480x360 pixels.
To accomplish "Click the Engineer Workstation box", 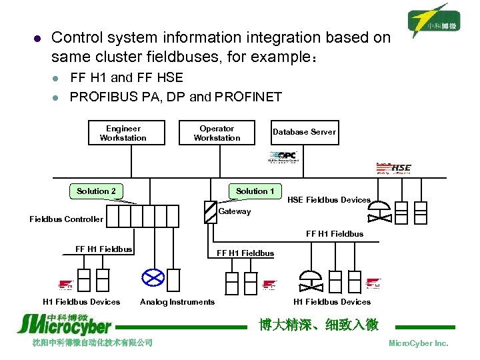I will [123, 133].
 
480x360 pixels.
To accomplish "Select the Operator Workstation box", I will [217, 133].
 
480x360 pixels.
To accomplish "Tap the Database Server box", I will [304, 132].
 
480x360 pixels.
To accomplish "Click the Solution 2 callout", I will [96, 191].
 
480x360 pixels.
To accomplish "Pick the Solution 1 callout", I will [255, 191].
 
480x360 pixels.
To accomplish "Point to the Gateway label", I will [235, 211].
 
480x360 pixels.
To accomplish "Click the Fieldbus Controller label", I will [67, 219].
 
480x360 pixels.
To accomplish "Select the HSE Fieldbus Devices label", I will [329, 200].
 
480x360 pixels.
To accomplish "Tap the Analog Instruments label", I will [177, 302].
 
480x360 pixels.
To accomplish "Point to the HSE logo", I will [395, 167].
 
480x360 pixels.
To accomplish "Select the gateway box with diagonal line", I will [211, 211].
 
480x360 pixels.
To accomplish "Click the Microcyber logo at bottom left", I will [64, 323].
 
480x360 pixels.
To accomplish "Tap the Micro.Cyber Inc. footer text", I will [418, 343].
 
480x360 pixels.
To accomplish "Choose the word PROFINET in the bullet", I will [246, 97].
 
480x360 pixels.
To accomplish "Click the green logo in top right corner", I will [435, 22].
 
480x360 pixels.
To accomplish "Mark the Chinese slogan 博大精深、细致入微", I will [319, 325].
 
